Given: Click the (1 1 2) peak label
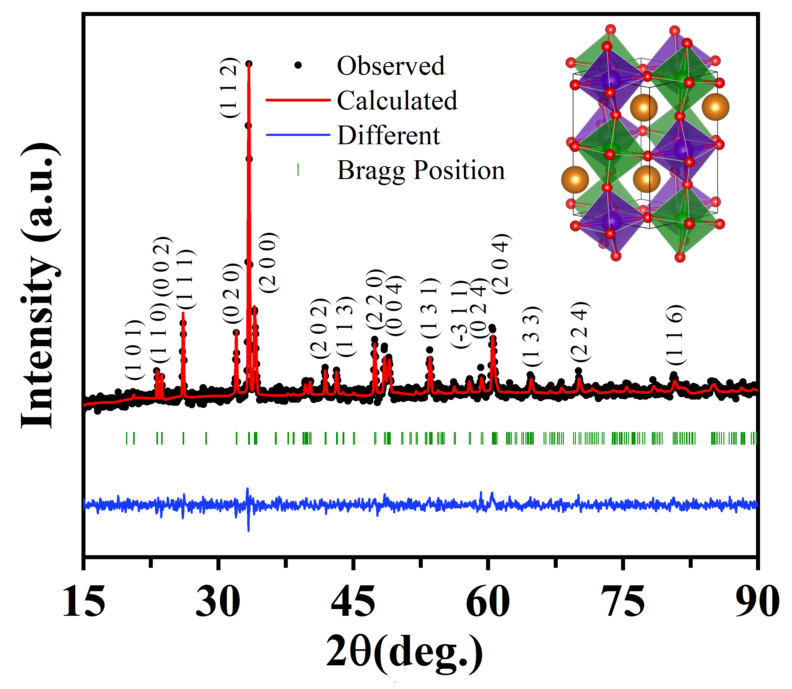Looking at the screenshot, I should pos(230,88).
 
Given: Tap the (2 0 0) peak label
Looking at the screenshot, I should pos(268,263).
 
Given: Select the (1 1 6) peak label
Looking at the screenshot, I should pos(675,335).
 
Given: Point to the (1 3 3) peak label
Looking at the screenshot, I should pos(532,337).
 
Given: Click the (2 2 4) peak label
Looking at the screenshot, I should pos(580,332).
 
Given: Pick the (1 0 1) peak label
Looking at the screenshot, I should pos(134,350).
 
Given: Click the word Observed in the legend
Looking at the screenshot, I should pos(391,66).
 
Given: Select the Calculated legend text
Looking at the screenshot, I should pos(397,101).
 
